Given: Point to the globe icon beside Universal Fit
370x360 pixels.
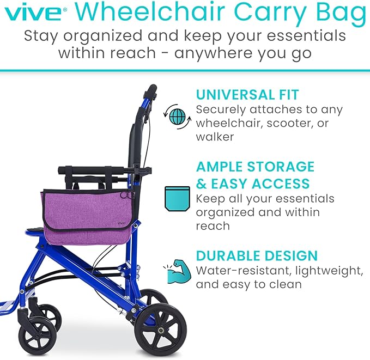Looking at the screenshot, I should [178, 115].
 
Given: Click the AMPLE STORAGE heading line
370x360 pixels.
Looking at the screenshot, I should [255, 166].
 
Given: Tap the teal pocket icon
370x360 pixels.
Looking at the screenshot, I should [177, 198].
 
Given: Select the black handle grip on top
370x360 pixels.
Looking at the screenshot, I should [151, 90].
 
